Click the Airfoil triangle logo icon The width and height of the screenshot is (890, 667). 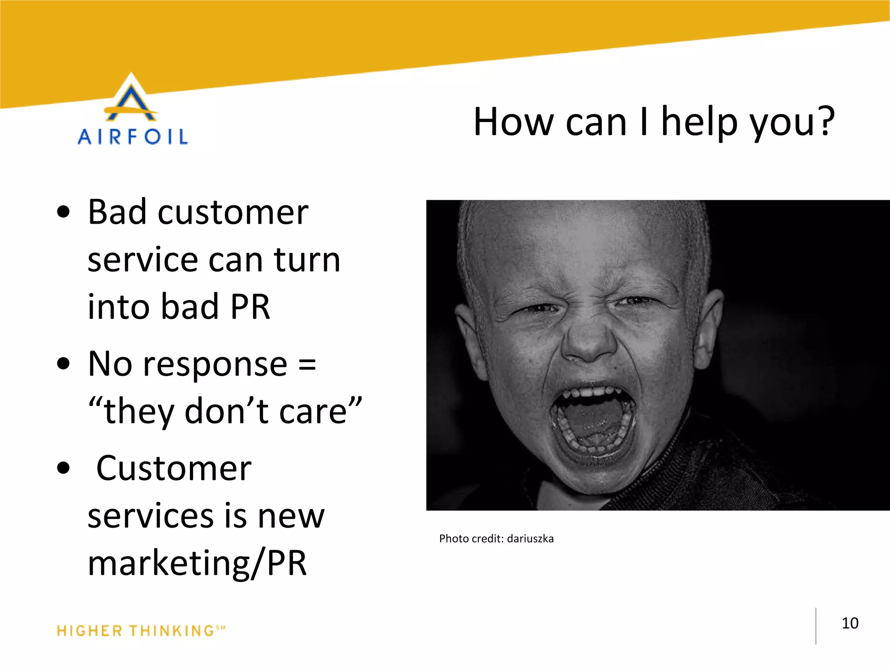131,99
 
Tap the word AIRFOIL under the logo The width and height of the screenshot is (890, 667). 133,137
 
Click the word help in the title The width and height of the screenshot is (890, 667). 700,122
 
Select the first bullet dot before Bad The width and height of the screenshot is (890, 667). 63,212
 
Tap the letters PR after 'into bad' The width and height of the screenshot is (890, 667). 250,307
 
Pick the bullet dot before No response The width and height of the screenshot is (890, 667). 63,363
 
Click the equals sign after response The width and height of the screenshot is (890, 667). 307,365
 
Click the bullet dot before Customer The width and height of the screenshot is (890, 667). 63,468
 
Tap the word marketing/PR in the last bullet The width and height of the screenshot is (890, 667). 197,563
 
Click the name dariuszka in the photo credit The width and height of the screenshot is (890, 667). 530,539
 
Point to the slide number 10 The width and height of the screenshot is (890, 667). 850,623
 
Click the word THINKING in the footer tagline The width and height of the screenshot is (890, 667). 172,631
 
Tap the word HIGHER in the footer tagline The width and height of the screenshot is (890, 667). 90,631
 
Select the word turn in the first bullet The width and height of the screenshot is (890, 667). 307,260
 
